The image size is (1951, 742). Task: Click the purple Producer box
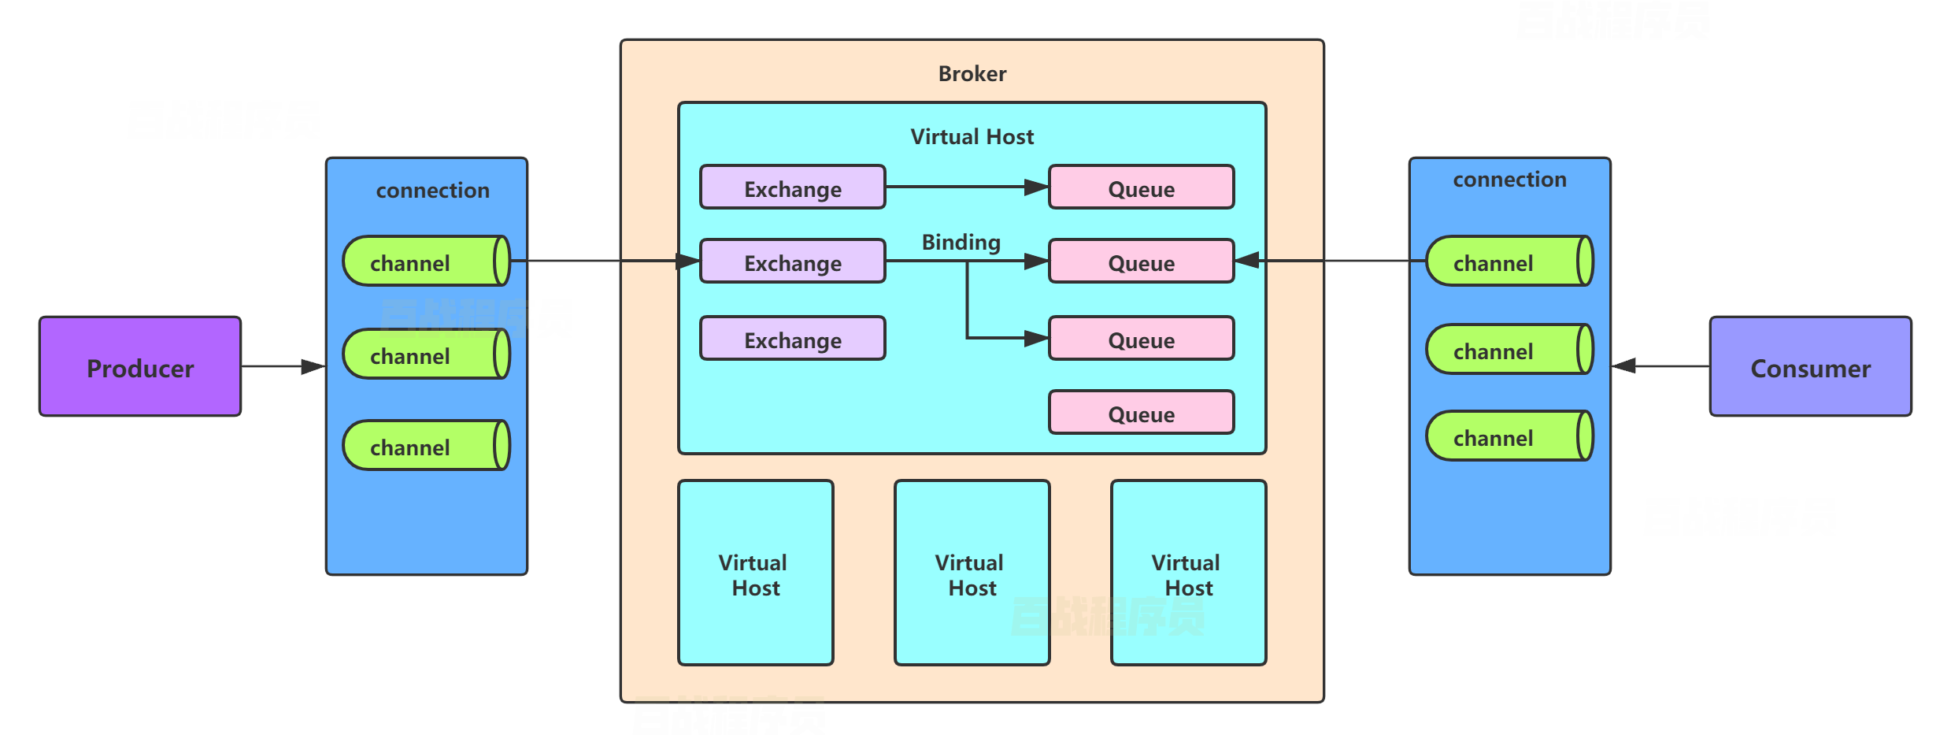point(140,366)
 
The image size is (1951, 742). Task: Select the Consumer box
point(1810,366)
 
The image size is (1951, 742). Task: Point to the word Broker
point(972,74)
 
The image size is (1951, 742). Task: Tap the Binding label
point(961,242)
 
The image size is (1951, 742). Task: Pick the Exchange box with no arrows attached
point(792,339)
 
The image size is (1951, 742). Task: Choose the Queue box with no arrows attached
point(1141,413)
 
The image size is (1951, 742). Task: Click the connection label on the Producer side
point(432,191)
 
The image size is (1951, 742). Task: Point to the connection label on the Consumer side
point(1509,180)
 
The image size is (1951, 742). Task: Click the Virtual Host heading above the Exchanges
point(972,137)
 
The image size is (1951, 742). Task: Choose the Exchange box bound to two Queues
point(792,262)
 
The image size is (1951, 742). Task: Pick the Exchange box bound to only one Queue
point(792,187)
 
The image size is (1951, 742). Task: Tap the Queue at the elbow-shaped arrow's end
point(1141,339)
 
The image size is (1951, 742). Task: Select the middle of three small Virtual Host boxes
point(972,573)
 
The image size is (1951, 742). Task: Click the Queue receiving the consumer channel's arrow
point(1141,262)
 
